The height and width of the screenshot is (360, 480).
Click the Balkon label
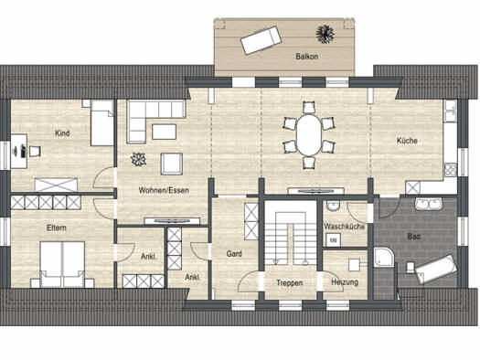(x=306, y=57)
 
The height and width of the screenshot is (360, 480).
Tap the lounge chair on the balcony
(x=261, y=40)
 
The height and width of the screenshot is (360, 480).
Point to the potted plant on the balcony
(x=325, y=34)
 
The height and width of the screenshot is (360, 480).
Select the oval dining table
(x=309, y=134)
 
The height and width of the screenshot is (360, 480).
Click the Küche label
(x=407, y=141)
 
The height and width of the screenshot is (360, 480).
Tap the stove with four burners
(x=451, y=170)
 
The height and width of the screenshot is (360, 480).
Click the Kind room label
(x=62, y=133)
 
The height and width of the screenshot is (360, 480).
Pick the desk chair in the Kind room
(x=36, y=151)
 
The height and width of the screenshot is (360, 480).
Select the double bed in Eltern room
(x=62, y=264)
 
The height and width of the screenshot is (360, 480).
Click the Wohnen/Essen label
(x=164, y=190)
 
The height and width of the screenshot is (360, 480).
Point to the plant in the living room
(x=138, y=159)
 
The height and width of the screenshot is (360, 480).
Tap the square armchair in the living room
(x=172, y=164)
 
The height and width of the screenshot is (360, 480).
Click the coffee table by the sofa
(x=164, y=132)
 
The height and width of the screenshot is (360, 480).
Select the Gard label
(x=234, y=254)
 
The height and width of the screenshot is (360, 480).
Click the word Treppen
(x=290, y=283)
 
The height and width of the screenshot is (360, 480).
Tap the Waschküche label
(x=345, y=227)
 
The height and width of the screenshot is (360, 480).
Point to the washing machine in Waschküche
(x=333, y=240)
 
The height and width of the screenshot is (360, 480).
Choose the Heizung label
(x=345, y=282)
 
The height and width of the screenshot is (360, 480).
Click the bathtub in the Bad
(x=436, y=269)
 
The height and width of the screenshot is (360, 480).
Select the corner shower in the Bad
(x=384, y=258)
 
